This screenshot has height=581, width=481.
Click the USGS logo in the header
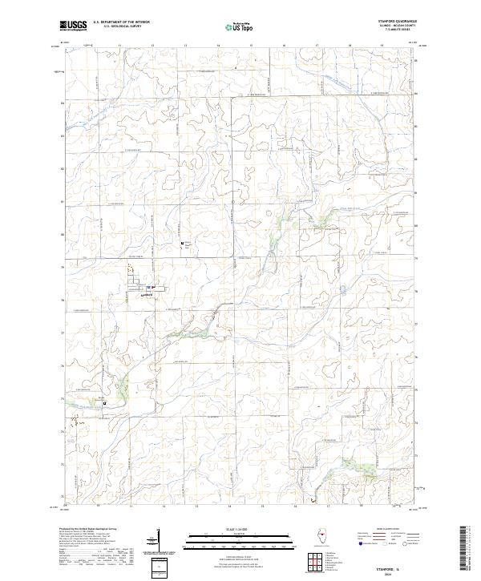(x=72, y=25)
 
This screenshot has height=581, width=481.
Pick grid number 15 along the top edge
(x=251, y=46)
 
